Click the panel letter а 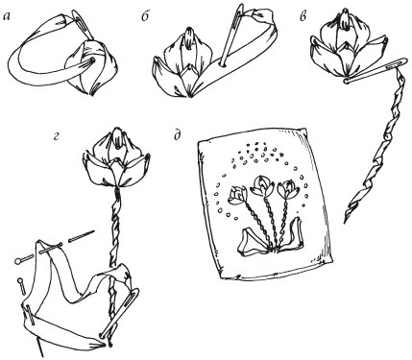[x=8, y=17]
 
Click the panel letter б [x=146, y=16]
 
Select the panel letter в [x=303, y=17]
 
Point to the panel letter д [x=177, y=135]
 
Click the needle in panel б [x=230, y=35]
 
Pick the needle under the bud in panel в [x=376, y=71]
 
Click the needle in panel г [x=119, y=313]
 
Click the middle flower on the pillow [x=262, y=185]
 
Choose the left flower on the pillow [x=237, y=195]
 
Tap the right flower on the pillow [x=288, y=190]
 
